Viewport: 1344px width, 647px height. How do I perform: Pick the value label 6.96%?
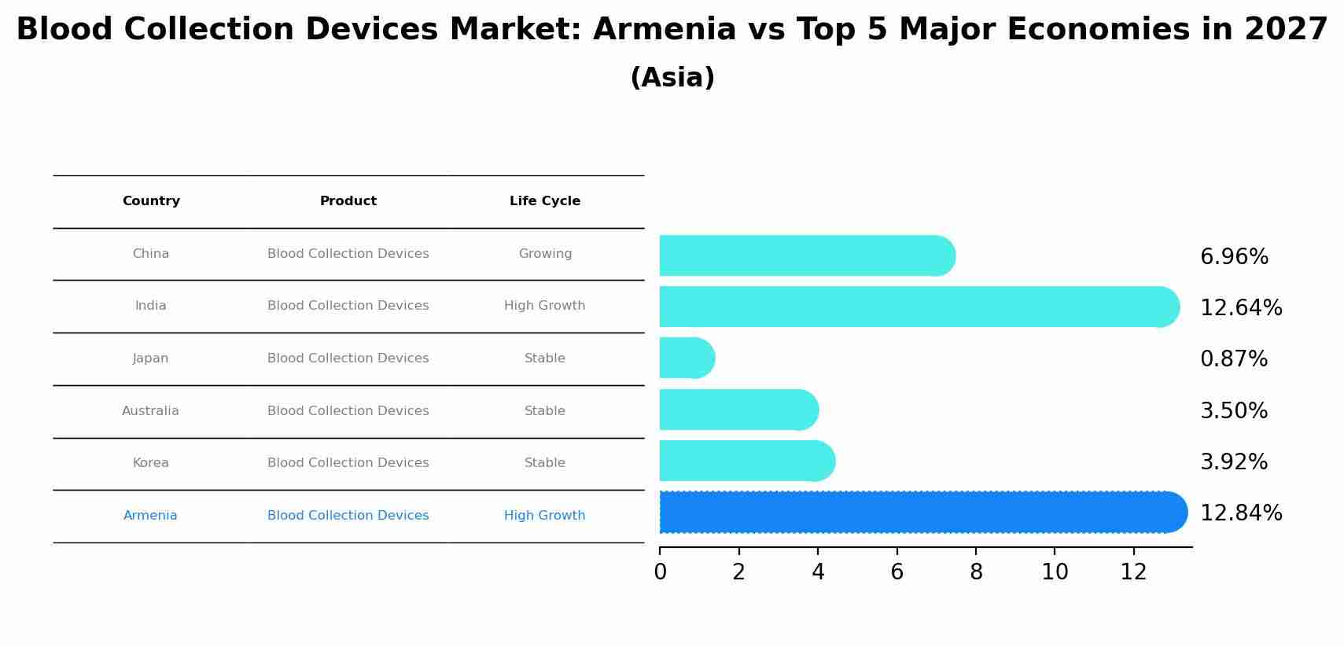tap(1233, 257)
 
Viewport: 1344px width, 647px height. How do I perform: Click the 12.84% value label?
tap(1240, 513)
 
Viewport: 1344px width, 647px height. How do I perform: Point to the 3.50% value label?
tap(1233, 411)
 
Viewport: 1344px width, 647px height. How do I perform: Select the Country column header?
tap(151, 201)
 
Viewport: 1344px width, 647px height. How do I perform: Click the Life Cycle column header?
tap(544, 201)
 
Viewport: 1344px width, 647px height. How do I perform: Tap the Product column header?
tap(348, 201)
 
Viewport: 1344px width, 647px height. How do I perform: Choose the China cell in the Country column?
tap(150, 254)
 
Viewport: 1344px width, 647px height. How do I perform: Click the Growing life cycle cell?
tap(544, 254)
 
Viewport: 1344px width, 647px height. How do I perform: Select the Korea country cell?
tap(150, 463)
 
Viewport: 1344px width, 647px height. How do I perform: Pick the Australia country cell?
tap(150, 411)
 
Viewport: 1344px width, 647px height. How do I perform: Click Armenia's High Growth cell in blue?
tap(544, 516)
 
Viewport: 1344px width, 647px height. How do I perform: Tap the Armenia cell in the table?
tap(150, 516)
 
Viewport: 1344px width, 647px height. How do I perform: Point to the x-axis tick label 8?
tap(976, 572)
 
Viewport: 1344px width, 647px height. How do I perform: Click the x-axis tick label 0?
tap(660, 572)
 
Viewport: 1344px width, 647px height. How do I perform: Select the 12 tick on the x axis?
tap(1133, 572)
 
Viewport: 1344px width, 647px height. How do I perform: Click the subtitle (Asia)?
tap(672, 78)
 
